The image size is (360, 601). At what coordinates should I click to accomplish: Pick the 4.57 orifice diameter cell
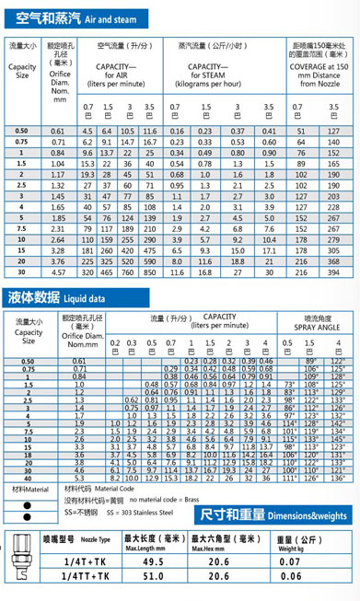click(x=60, y=272)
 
